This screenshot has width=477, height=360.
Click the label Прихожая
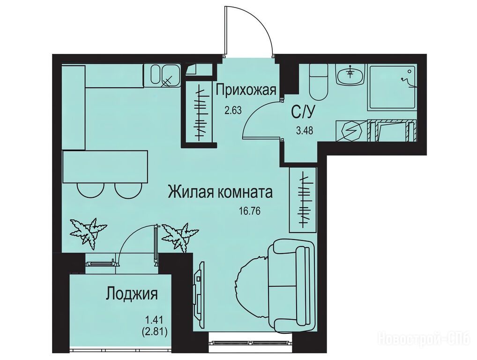point(246,90)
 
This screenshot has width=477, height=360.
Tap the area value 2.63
point(233,110)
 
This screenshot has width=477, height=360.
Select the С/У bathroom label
point(303,112)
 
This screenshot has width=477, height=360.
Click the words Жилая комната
point(220,193)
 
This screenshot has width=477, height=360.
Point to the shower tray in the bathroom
point(392,87)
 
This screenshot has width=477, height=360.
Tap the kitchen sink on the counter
point(162,75)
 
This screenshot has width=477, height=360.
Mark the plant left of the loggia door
point(88,230)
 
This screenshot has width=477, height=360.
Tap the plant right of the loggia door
point(179,236)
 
